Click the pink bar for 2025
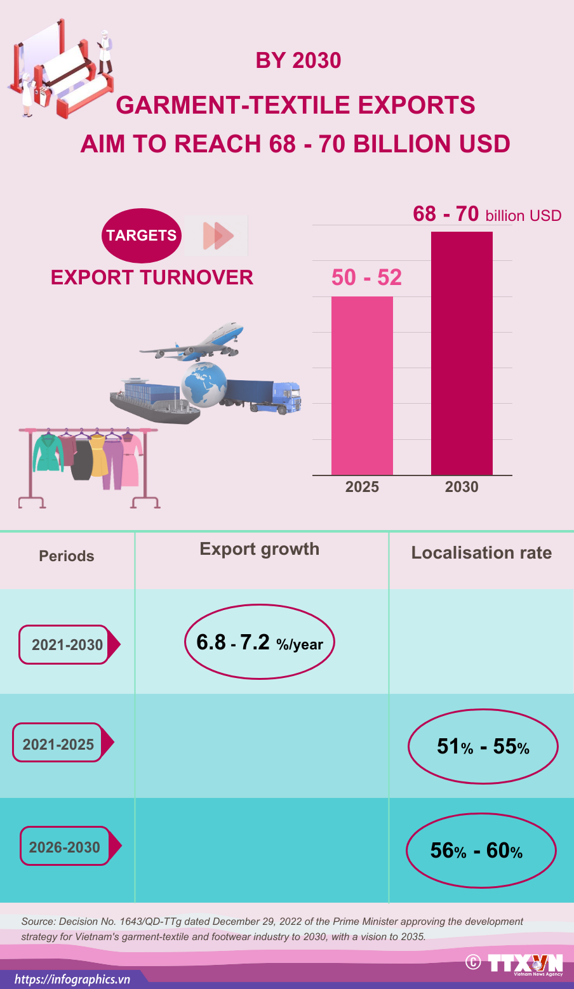tap(362, 385)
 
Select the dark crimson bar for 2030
tap(462, 353)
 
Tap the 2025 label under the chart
tap(362, 487)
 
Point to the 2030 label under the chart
tap(462, 487)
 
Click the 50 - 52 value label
tap(366, 277)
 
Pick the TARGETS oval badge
tap(142, 236)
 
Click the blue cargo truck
tap(267, 395)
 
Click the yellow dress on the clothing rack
tap(98, 455)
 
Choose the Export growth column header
tap(259, 549)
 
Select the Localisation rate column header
tap(481, 553)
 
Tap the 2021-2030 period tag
tap(67, 645)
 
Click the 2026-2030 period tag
tap(65, 847)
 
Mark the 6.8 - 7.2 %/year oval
tap(259, 642)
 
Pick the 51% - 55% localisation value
tap(483, 747)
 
